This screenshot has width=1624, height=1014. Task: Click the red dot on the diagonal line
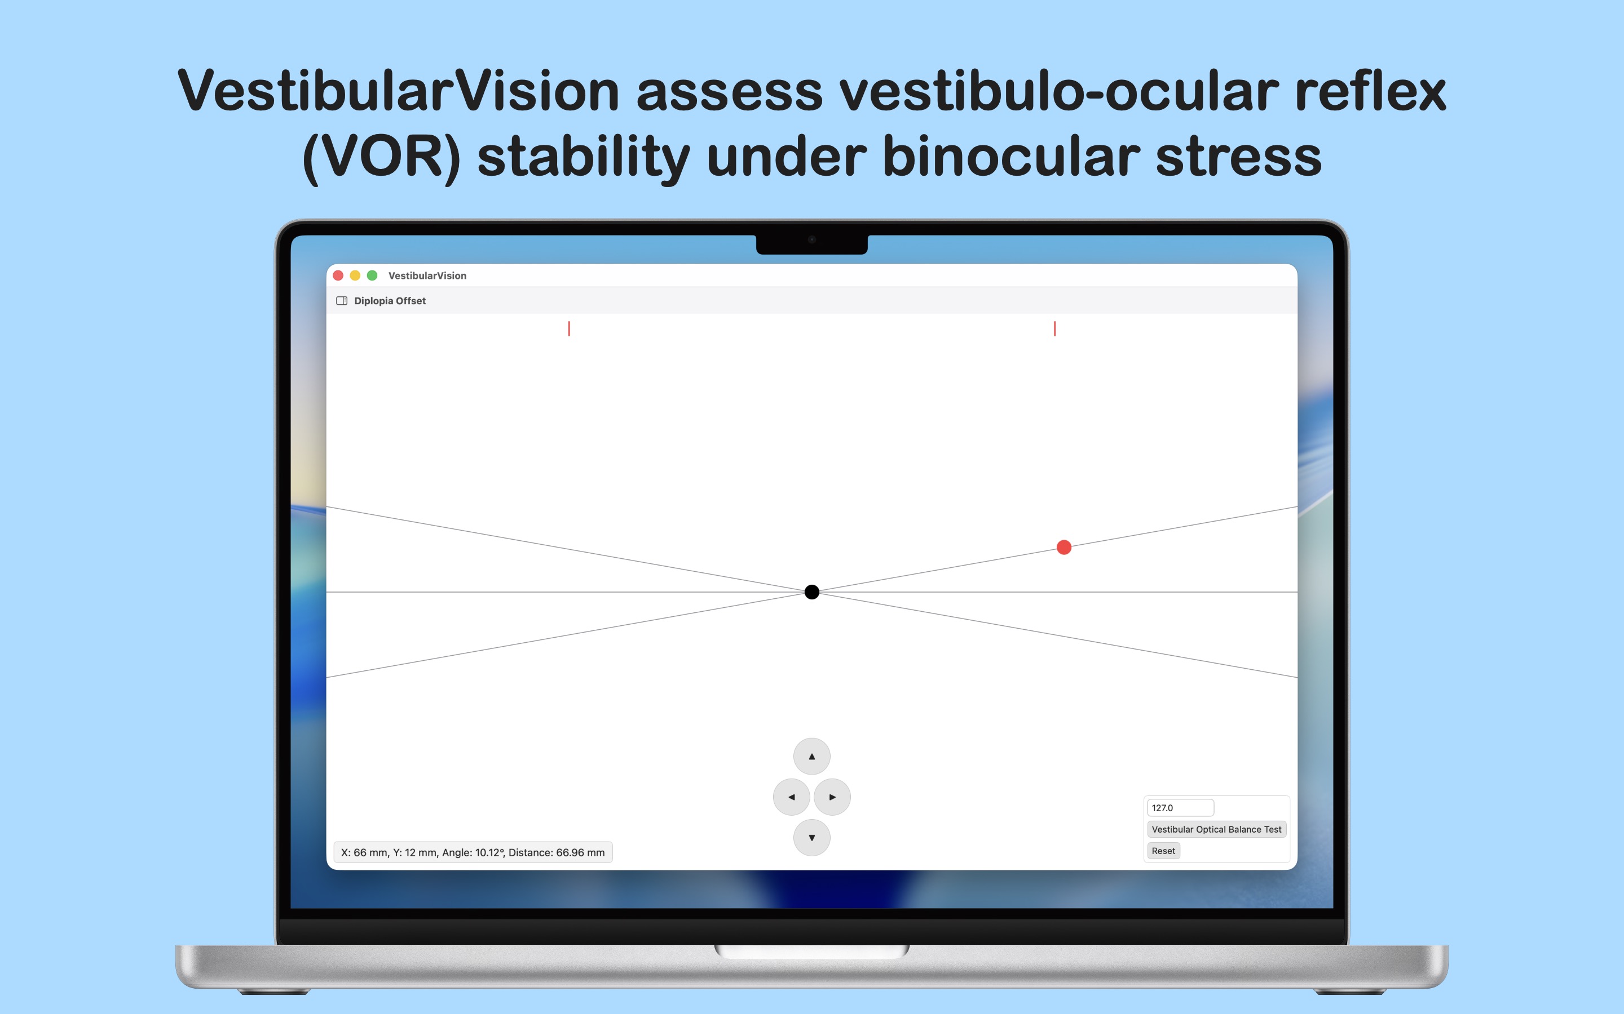(1063, 547)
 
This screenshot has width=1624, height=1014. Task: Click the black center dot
(811, 591)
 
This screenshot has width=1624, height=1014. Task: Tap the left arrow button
(791, 797)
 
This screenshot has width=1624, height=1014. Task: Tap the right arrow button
(832, 797)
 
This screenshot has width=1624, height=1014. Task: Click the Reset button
(1163, 851)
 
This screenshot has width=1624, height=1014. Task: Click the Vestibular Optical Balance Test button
(1216, 829)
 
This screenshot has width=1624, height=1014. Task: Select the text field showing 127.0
(1180, 807)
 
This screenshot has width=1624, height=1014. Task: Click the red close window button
(338, 275)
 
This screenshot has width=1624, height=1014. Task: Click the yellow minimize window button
(355, 275)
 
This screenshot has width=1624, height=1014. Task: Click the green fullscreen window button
(372, 275)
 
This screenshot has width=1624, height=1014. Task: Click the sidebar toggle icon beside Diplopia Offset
(342, 300)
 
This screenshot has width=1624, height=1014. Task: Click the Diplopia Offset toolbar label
(390, 300)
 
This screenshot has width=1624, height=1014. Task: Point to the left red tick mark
(569, 328)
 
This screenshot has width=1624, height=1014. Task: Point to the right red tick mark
(1054, 328)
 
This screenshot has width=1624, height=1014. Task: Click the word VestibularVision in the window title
(427, 275)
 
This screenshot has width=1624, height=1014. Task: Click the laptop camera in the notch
(811, 239)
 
